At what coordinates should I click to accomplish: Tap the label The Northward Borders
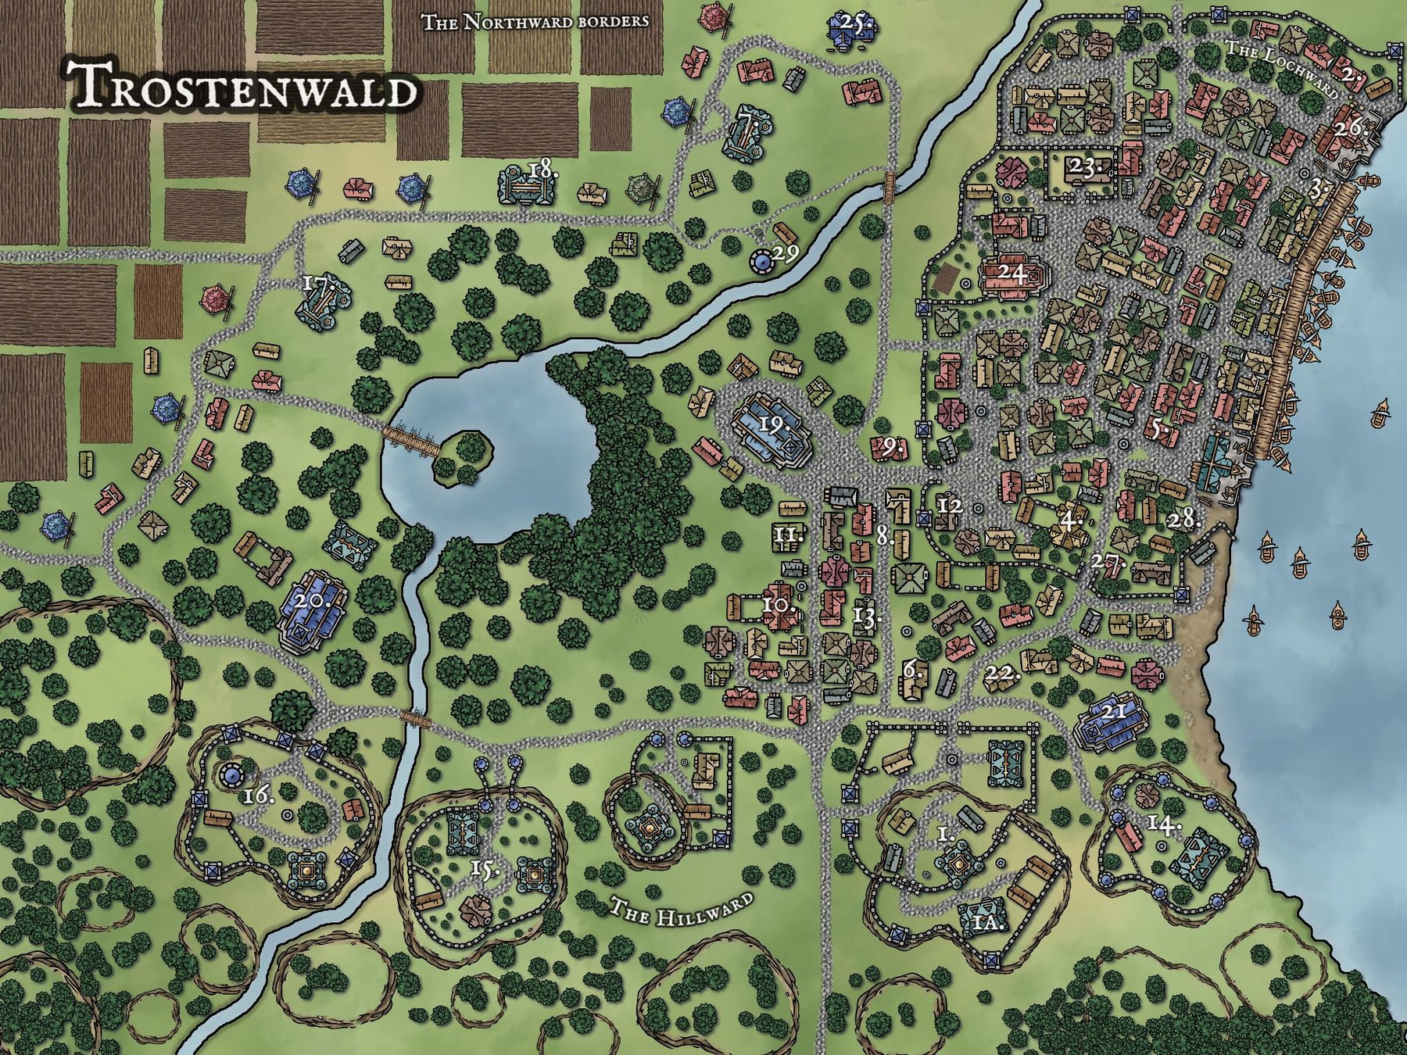[535, 21]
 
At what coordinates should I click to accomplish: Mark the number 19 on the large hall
[772, 424]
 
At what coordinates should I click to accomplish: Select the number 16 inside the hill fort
[259, 796]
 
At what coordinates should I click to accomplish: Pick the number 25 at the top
[857, 22]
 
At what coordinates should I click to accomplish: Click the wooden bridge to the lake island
[412, 440]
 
